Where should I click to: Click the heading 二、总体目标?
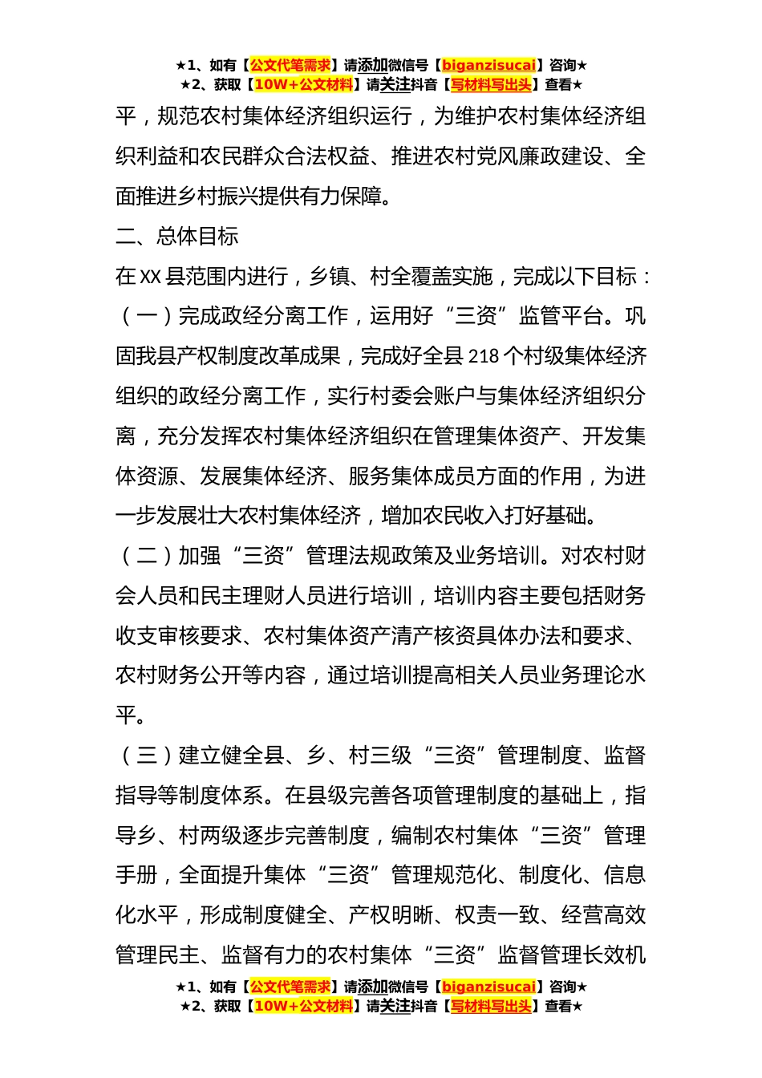click(x=177, y=236)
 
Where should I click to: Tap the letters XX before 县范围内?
click(x=151, y=276)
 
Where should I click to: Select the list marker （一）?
click(x=147, y=316)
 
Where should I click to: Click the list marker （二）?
click(x=147, y=555)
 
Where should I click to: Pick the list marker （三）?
click(x=147, y=755)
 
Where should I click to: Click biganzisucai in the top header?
click(x=488, y=65)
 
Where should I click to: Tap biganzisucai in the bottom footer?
click(x=488, y=987)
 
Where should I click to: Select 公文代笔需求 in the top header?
click(x=290, y=65)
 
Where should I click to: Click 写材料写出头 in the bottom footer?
click(x=491, y=1006)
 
